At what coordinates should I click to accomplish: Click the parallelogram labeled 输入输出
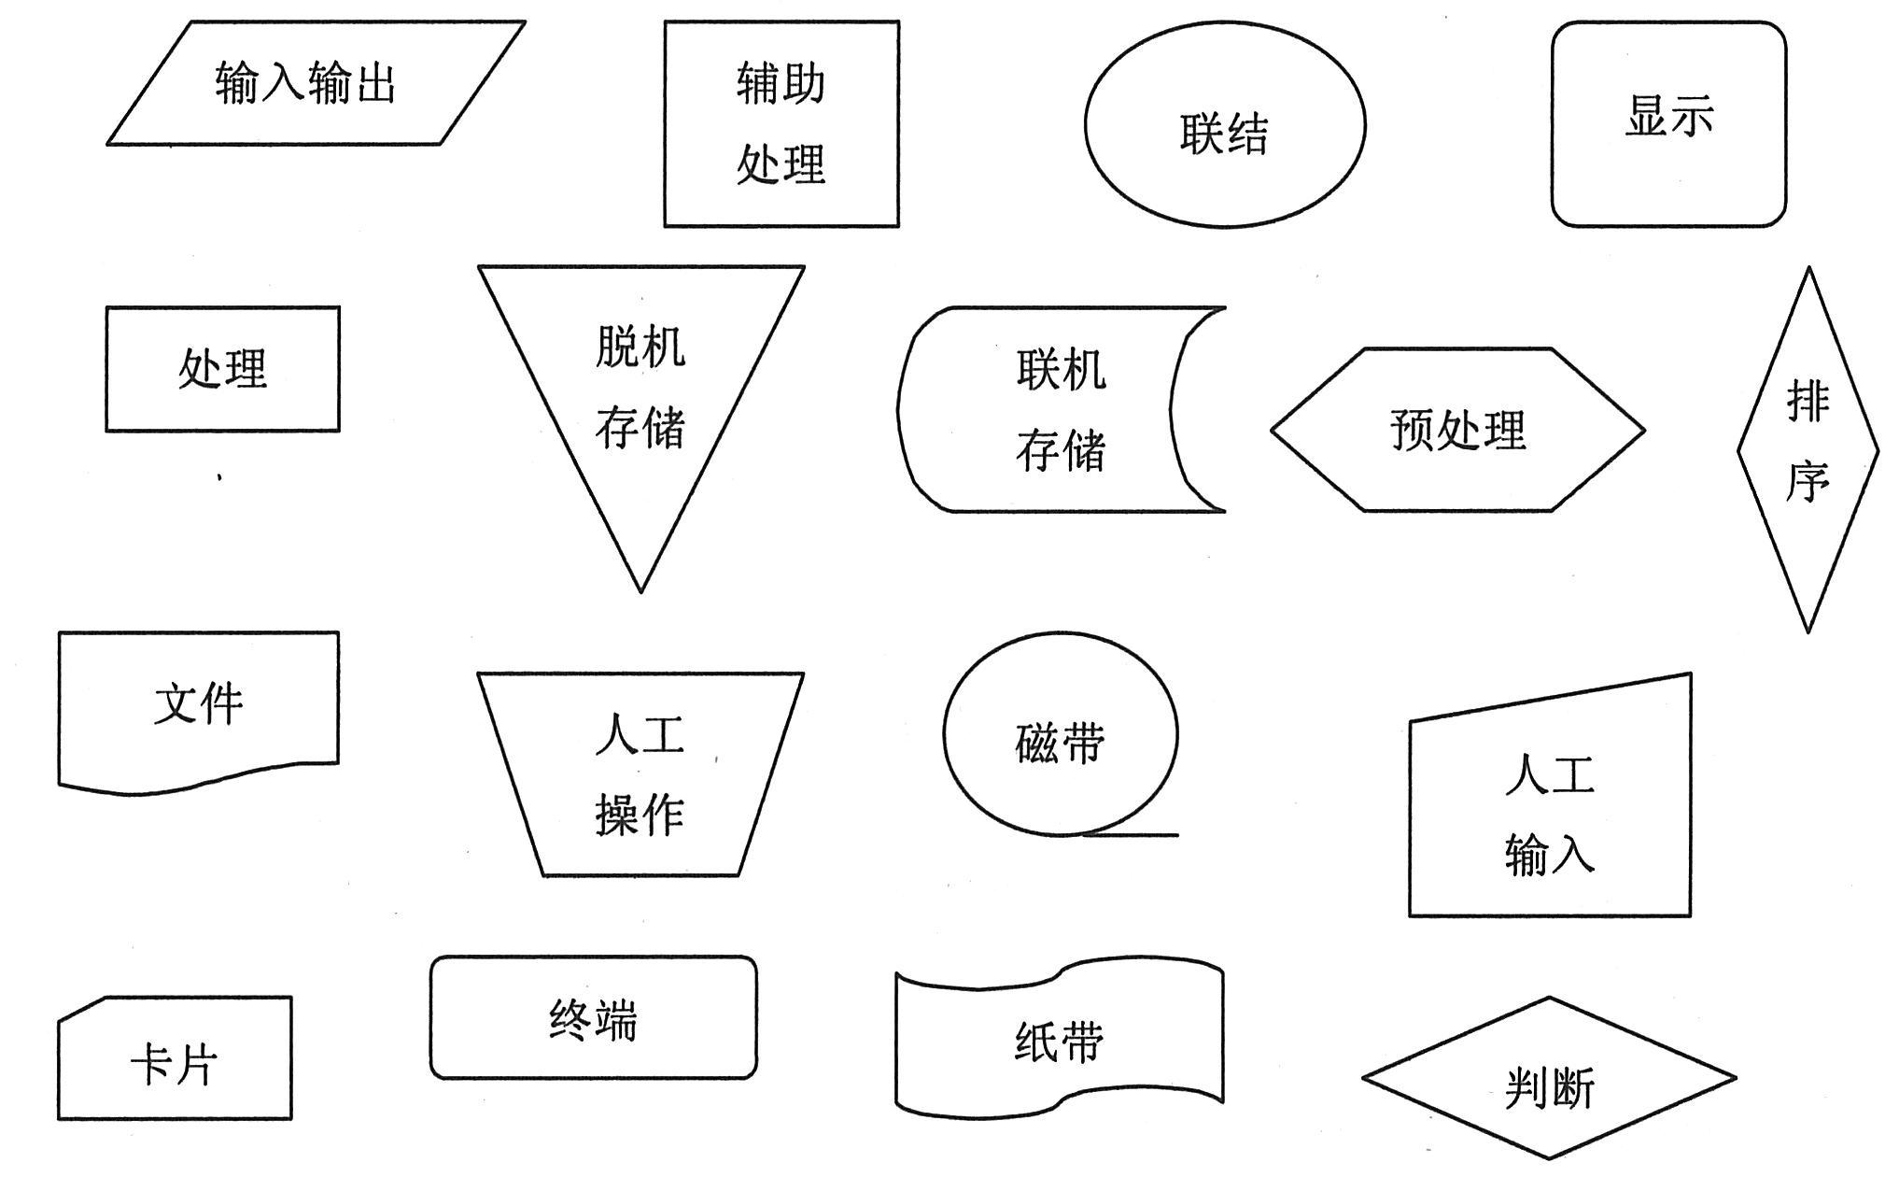coord(316,83)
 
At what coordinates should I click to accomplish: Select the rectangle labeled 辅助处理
coord(781,124)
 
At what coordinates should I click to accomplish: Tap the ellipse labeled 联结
coord(1225,124)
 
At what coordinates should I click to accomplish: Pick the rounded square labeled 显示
coord(1668,124)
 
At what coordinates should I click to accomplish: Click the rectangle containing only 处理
coord(222,369)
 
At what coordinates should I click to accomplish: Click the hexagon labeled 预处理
coord(1457,430)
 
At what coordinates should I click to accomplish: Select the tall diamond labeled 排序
coord(1808,448)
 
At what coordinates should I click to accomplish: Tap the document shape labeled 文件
coord(198,705)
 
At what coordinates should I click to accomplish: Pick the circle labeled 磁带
coord(1060,734)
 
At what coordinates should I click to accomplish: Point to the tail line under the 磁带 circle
coord(1134,834)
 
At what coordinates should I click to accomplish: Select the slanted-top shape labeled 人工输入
coord(1550,813)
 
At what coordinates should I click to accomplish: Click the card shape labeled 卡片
coord(175,1062)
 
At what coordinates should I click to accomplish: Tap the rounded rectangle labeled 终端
coord(593,1017)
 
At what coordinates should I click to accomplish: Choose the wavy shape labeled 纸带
coord(1060,1039)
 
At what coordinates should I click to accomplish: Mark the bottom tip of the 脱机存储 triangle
coord(640,589)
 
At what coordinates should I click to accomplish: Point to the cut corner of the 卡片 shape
coord(80,1008)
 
